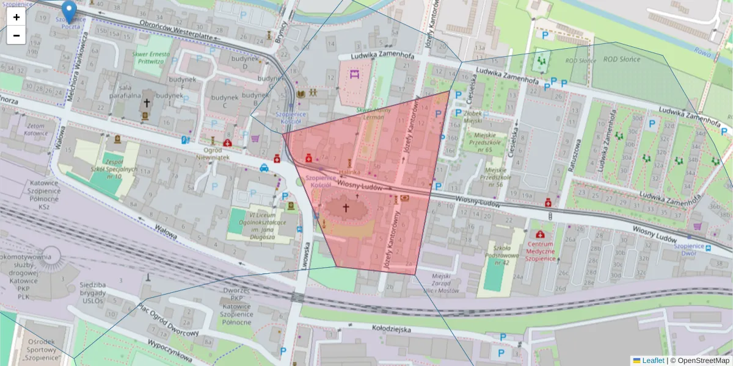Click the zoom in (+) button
[16, 17]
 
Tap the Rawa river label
[702, 53]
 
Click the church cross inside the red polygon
[345, 208]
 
